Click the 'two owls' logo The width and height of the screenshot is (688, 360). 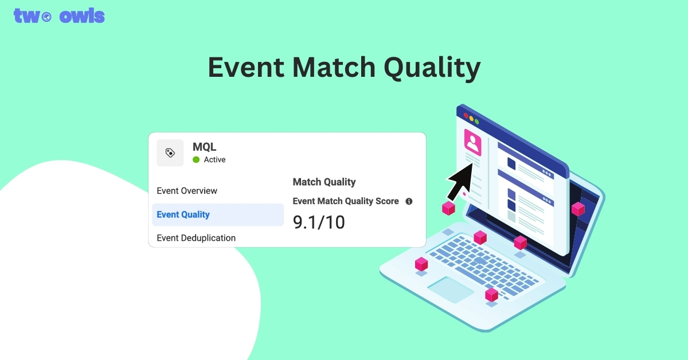[59, 15]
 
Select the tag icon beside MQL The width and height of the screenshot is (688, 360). [170, 152]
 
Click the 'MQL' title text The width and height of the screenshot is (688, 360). [205, 147]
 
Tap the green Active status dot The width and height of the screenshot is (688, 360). [196, 160]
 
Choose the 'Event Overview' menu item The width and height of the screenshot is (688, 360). [187, 191]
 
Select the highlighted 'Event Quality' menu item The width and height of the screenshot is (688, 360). [183, 214]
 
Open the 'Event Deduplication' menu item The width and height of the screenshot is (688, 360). [196, 238]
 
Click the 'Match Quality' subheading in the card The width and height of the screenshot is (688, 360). [324, 182]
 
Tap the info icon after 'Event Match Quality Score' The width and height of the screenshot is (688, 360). [409, 201]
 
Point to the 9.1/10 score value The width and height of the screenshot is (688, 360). [319, 222]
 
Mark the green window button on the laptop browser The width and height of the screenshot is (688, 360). [477, 122]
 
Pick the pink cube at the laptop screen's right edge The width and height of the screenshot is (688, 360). [578, 209]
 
